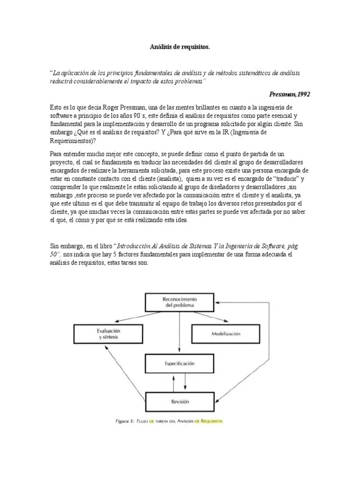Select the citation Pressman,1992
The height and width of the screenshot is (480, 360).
click(289, 94)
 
